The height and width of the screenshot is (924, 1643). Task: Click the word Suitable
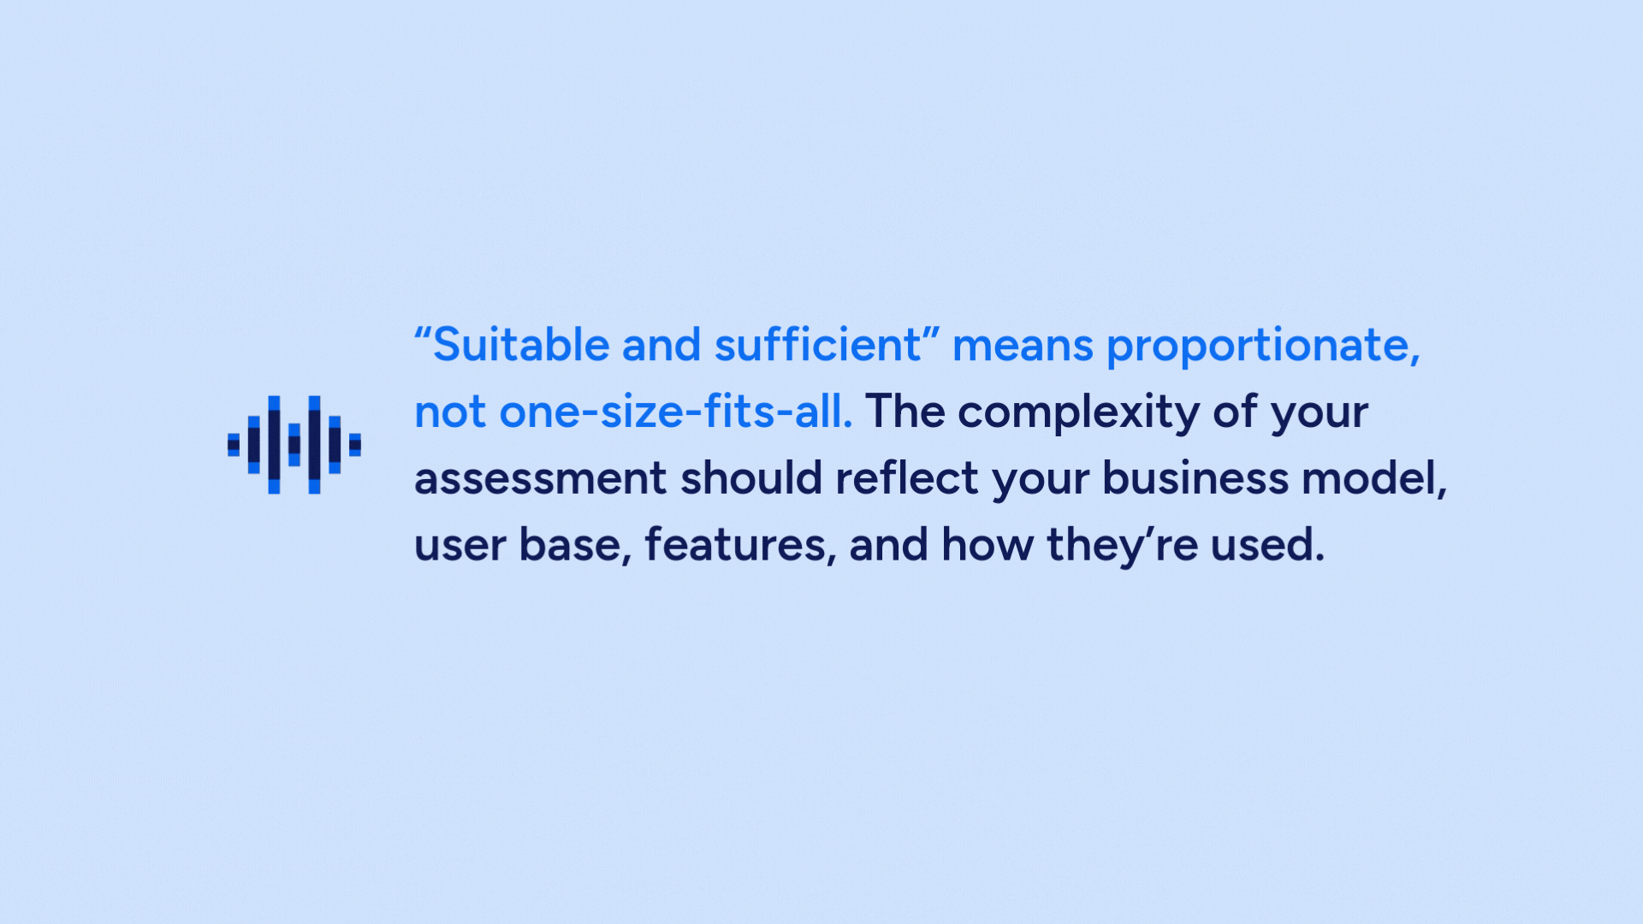tap(521, 345)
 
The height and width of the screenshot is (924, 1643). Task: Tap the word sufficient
tap(817, 345)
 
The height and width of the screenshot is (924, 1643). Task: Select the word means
tap(1023, 347)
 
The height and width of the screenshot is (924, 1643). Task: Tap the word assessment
tap(540, 479)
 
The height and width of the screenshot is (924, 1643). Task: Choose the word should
tap(750, 477)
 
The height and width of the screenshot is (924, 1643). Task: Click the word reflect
tap(907, 477)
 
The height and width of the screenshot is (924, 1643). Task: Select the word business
tap(1195, 477)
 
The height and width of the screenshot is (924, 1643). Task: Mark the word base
tap(570, 545)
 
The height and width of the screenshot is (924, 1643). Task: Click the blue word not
tap(450, 413)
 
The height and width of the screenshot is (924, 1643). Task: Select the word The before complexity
tap(905, 412)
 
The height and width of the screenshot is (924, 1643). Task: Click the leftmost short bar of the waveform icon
tap(234, 445)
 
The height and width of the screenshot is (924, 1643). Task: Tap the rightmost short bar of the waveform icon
tap(355, 445)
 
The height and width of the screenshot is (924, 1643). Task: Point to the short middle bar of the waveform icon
tap(294, 445)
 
